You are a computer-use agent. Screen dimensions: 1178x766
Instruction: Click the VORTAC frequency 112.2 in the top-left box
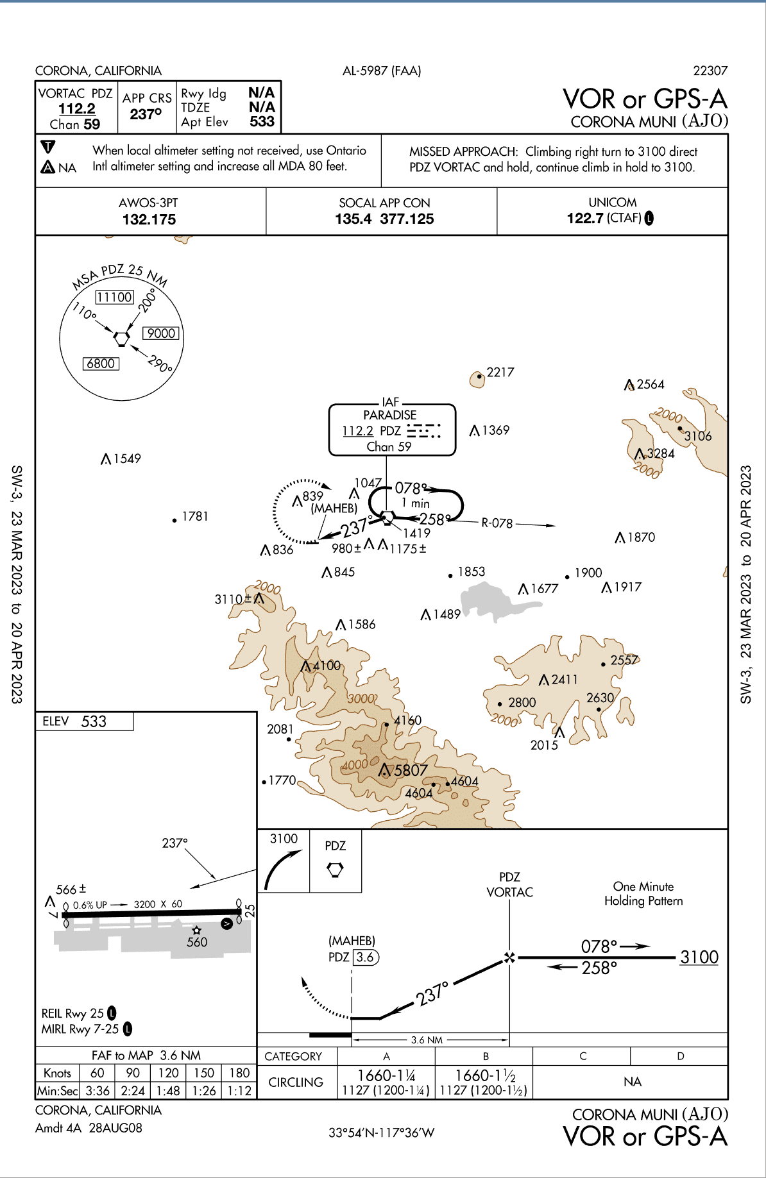tap(77, 109)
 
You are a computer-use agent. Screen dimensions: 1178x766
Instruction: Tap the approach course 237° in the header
tap(146, 114)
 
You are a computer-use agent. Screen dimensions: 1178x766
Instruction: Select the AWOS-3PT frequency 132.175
tap(149, 219)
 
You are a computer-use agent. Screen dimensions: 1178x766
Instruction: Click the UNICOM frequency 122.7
tap(585, 218)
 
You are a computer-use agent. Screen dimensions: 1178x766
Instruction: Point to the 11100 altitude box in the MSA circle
tap(115, 297)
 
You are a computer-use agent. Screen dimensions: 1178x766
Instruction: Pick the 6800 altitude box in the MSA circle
tap(101, 364)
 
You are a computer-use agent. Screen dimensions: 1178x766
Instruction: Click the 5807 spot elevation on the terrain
tap(411, 770)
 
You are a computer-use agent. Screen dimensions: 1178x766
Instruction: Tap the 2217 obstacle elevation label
tap(500, 373)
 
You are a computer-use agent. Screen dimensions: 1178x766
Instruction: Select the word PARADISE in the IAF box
tap(389, 415)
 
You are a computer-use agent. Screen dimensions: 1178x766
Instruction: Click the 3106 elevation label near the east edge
tap(698, 436)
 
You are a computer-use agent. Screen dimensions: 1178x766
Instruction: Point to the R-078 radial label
tap(497, 523)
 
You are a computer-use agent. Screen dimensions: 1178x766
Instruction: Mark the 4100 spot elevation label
tap(327, 666)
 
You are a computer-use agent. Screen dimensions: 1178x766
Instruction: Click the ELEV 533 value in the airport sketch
tap(94, 721)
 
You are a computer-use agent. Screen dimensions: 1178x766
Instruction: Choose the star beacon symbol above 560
tap(197, 930)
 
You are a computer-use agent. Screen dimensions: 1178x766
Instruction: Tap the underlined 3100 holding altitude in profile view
tap(699, 957)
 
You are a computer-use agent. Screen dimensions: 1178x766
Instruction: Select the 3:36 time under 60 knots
tap(98, 1091)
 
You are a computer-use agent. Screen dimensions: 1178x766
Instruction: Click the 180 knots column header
tap(239, 1073)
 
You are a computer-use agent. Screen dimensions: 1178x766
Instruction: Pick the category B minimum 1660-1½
tap(485, 1075)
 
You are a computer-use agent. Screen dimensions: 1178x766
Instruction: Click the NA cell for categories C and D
tap(632, 1082)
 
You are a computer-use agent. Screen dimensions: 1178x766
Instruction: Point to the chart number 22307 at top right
tap(710, 71)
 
